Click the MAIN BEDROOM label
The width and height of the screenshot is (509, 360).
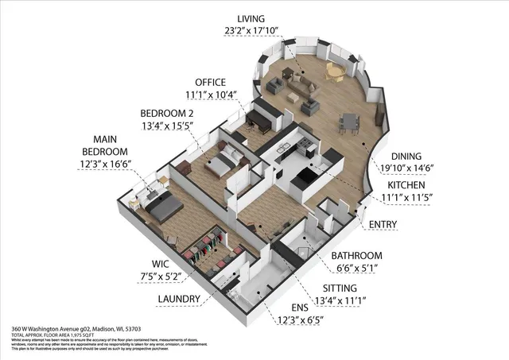click(111, 145)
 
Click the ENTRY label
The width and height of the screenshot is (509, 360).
click(383, 225)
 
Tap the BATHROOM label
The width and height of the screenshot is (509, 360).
click(356, 255)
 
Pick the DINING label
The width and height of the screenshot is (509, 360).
click(412, 156)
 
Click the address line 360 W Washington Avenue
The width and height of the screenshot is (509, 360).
click(76, 328)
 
